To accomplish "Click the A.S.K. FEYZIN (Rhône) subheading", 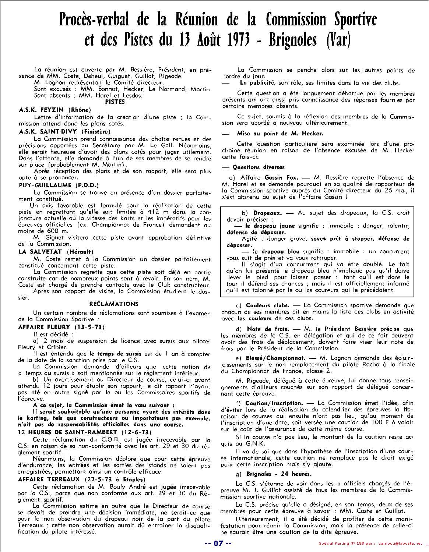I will click(55, 110).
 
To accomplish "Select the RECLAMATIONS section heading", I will click(114, 304).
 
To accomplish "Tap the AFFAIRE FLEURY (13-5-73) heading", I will click(61, 327).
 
